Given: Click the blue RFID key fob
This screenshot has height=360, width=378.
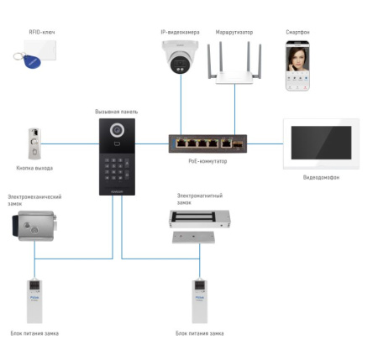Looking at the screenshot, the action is coord(32,62).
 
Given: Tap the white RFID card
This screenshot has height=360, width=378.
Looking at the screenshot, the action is coord(40,50).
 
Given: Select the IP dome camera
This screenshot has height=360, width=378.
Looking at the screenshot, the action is coord(180,57).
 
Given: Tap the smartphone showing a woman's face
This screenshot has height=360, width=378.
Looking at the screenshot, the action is coord(297,66).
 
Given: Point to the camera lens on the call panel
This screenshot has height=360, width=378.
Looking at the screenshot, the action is coord(117,130).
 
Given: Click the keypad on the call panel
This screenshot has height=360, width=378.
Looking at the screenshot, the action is coord(117,170).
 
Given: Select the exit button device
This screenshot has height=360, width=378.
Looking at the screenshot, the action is coord(34,143).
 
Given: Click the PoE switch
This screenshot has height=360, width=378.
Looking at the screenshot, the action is coord(207,143).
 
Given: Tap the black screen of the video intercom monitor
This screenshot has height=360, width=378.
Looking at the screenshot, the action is coord(321,143).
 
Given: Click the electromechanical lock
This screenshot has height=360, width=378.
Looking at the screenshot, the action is coord(34,226).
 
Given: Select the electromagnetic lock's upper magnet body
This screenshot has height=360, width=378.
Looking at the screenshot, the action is coord(200,219).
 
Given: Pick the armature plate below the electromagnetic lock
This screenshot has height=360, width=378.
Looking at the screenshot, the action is coord(193,237).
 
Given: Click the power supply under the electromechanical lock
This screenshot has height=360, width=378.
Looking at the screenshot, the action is coord(34,301).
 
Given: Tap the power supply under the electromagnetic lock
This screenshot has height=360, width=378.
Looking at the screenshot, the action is coord(200,301).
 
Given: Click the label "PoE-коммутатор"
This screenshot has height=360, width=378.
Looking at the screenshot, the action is coord(207,161).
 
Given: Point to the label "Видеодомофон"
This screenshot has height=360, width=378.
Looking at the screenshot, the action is coord(321,177).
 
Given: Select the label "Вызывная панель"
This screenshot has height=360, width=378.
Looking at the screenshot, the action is coord(117,112).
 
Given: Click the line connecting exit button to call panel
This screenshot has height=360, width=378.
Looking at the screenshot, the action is coord(70,144).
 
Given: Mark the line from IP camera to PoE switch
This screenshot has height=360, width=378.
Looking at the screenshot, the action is coord(181,104).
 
